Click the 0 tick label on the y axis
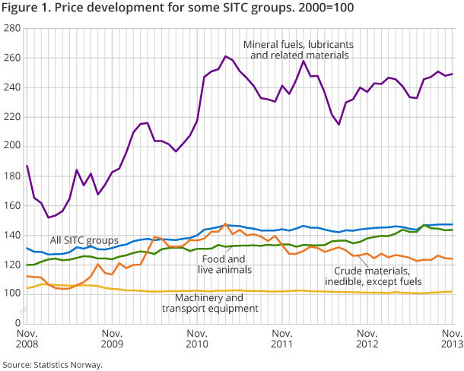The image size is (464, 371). tap(17, 323)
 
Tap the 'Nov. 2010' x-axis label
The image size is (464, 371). tap(197, 339)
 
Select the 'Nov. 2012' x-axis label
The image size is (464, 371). tap(368, 339)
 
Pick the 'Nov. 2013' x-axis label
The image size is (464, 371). tap(450, 339)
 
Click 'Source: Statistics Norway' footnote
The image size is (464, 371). tap(52, 364)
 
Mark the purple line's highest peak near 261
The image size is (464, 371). tap(226, 56)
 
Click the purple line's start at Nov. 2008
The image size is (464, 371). tap(27, 166)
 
